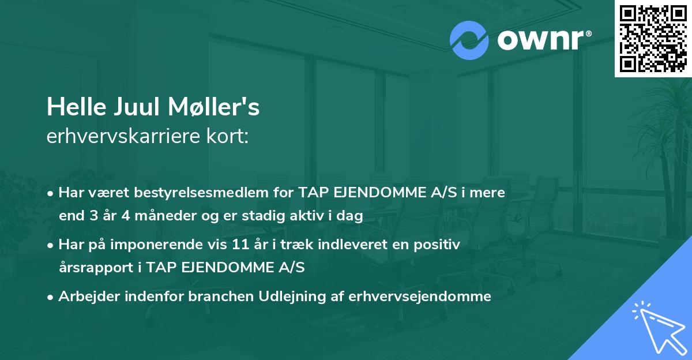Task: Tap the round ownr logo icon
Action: [x=469, y=40]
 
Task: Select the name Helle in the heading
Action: [x=71, y=107]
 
